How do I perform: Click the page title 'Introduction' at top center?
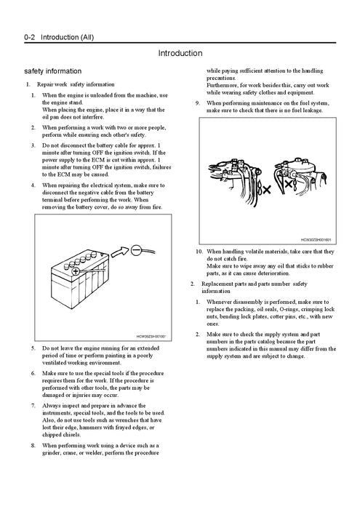point(180,53)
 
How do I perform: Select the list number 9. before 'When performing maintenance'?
point(198,103)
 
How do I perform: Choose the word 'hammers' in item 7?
point(99,428)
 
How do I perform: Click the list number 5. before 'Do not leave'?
point(33,348)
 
